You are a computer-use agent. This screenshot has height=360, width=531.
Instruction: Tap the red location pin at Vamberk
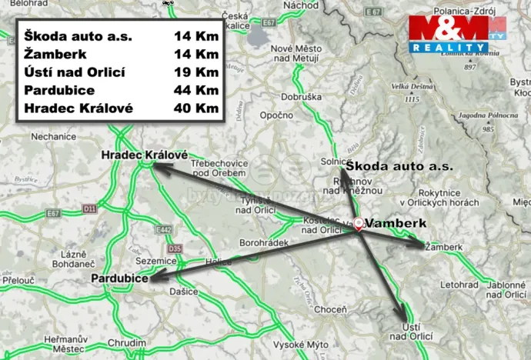359,222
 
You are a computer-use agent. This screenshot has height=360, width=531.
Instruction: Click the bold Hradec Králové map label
145,155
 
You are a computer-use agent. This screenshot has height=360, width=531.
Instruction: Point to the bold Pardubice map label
119,278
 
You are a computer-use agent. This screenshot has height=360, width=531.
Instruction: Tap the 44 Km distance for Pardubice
196,90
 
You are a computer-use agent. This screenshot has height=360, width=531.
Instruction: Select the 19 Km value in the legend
196,72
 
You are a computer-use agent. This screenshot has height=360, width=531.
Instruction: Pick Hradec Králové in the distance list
78,108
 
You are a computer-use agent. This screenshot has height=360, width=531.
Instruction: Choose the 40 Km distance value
196,108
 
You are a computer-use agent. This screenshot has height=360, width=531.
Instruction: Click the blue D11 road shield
90,208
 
